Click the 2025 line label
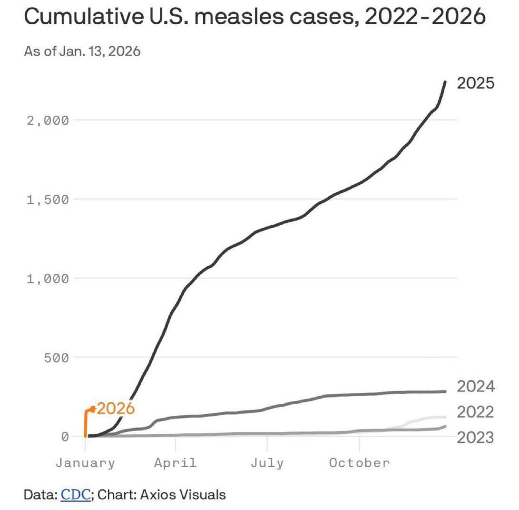[475, 83]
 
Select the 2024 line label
[475, 387]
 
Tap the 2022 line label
[475, 412]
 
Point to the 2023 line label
[475, 437]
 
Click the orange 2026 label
[116, 409]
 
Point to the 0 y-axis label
[65, 437]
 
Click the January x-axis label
[85, 463]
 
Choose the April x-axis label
[175, 463]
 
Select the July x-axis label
[267, 463]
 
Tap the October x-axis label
[359, 463]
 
